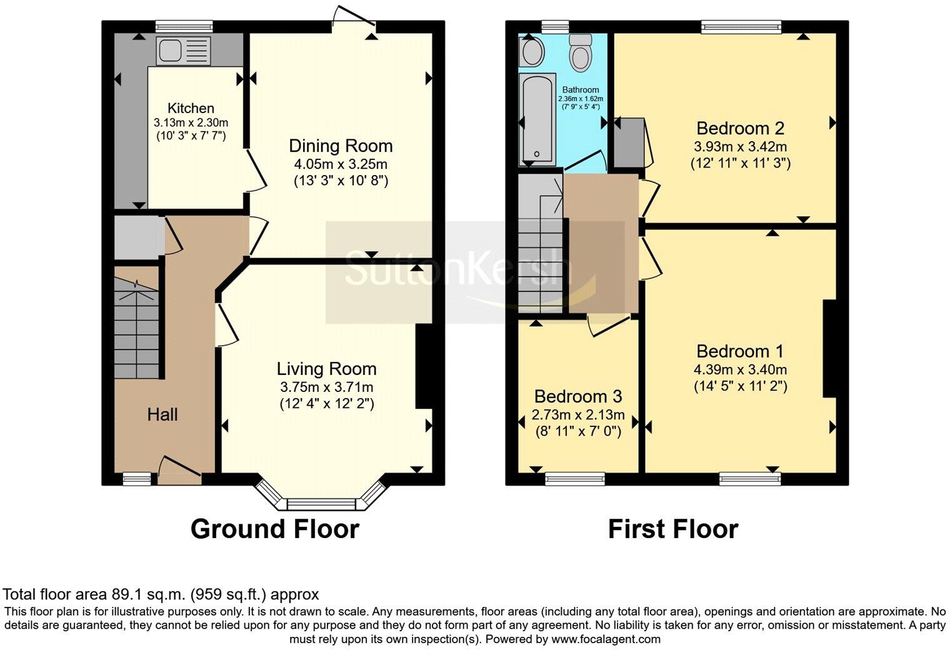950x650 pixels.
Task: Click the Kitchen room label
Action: (191, 108)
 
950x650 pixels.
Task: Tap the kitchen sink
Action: (184, 50)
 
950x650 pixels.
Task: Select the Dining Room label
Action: (341, 146)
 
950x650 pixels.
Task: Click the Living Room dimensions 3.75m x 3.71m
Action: (326, 387)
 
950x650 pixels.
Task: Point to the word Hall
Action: (162, 414)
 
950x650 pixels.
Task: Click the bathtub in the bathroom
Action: (537, 119)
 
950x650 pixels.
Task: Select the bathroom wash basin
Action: (532, 51)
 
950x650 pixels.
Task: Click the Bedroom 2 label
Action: (740, 129)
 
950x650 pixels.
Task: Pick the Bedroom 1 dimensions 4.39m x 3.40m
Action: (740, 369)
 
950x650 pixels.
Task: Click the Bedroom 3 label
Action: (578, 397)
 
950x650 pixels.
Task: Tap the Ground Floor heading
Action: (274, 529)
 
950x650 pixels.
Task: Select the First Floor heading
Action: (673, 529)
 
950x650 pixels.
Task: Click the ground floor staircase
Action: (137, 325)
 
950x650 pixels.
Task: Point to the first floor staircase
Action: (540, 244)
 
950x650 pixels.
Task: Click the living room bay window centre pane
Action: (321, 504)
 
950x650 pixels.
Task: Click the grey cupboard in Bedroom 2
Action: (627, 142)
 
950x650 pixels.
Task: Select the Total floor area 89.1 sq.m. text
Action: (161, 594)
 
